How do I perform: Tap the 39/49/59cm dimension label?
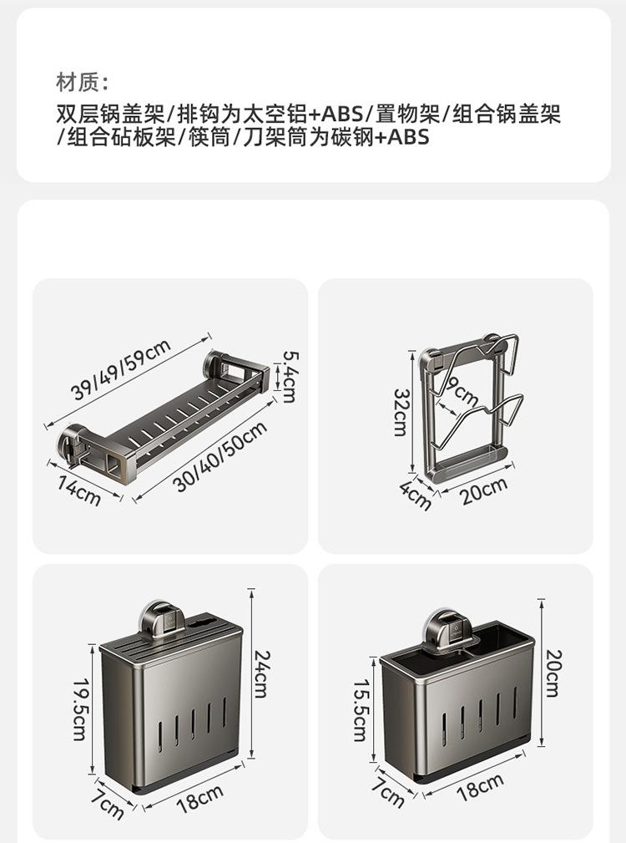(121, 368)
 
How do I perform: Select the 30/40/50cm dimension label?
(221, 456)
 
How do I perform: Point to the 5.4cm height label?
(289, 375)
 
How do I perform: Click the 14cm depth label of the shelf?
(79, 490)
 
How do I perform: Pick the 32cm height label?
(401, 411)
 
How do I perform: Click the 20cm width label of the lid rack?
(484, 490)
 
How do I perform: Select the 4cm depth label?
(416, 495)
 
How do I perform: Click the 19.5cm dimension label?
(79, 708)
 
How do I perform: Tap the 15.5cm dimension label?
(360, 709)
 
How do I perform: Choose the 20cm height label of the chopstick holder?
(553, 673)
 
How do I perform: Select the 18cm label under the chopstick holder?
(480, 788)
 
